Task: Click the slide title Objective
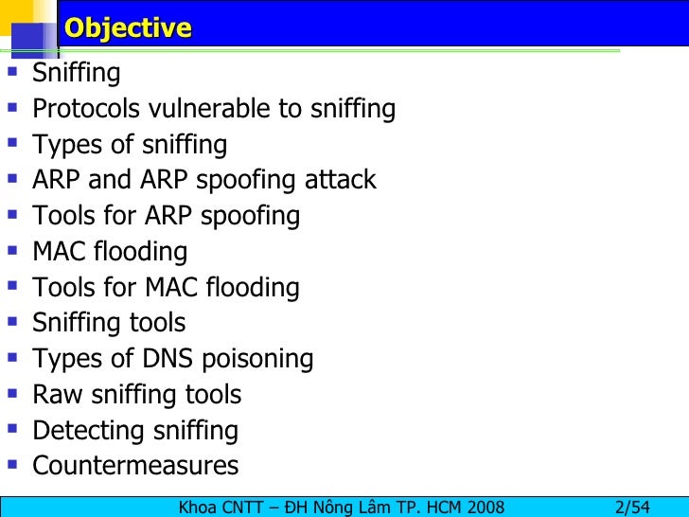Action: click(x=128, y=28)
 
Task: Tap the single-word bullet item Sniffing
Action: click(x=77, y=74)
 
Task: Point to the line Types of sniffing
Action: click(x=130, y=146)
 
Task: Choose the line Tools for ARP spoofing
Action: click(x=166, y=217)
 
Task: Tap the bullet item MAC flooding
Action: click(x=110, y=252)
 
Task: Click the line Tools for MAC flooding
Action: click(x=166, y=288)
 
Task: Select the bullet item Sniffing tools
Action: click(x=109, y=323)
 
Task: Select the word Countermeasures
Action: click(x=135, y=466)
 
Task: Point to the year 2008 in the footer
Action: click(x=483, y=506)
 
